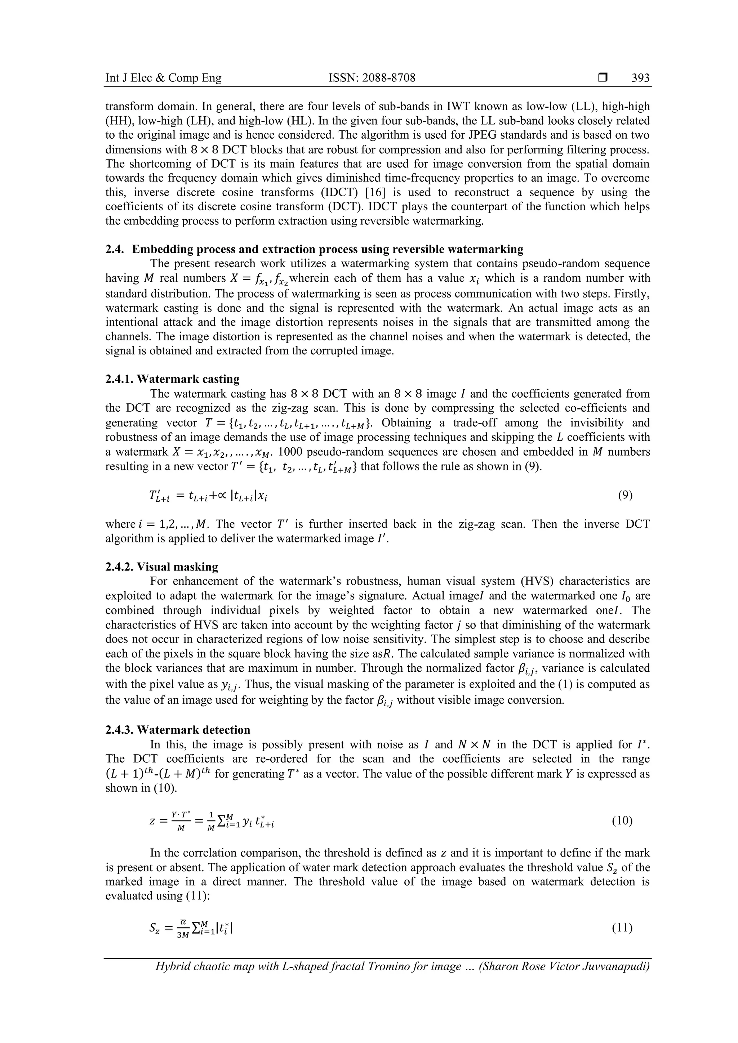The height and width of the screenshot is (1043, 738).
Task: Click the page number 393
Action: [x=640, y=78]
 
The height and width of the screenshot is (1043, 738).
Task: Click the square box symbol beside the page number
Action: [x=603, y=78]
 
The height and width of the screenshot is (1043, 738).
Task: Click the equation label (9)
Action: [x=625, y=495]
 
